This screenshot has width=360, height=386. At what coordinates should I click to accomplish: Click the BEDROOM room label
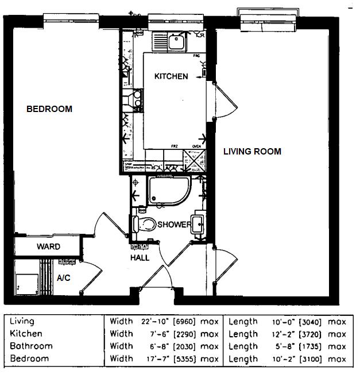point(49,109)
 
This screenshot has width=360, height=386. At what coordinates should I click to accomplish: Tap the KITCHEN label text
point(171,76)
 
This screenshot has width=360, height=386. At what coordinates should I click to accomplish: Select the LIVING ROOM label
point(252,152)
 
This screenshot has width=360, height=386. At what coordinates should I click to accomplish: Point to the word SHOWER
point(175,225)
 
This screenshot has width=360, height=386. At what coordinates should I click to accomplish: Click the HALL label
point(140,258)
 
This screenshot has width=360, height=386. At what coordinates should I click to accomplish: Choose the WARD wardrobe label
point(49,247)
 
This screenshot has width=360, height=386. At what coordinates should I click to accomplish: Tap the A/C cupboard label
point(64,277)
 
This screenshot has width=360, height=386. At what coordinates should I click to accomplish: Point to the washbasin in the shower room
point(199,224)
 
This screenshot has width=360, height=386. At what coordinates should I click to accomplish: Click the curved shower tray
point(168,191)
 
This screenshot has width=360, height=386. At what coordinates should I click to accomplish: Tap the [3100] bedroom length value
point(309,359)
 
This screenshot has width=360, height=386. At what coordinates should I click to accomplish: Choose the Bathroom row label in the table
point(31,346)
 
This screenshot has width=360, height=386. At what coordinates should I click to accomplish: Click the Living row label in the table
point(22,322)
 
